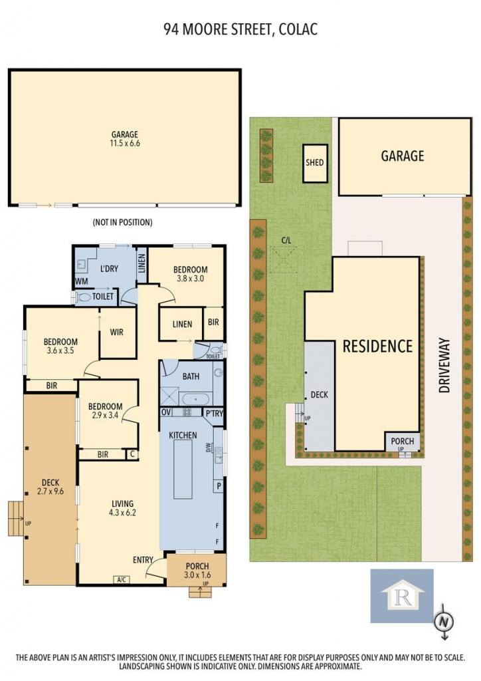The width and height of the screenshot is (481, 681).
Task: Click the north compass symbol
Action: point(443,622)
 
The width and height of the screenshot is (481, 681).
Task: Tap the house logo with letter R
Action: point(402,596)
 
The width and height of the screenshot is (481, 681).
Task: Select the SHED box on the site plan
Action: point(314,162)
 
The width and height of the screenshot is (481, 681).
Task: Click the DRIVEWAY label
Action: point(444,366)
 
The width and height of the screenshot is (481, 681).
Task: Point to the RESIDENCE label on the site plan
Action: point(377,346)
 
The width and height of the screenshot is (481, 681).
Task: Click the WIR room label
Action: point(116,333)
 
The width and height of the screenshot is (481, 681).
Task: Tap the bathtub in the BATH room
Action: point(195,399)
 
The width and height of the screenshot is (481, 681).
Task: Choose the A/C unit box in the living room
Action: point(120,579)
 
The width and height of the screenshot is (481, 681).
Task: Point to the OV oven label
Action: point(165,412)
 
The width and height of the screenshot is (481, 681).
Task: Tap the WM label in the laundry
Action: point(81,281)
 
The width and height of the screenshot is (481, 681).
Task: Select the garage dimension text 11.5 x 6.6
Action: point(125,143)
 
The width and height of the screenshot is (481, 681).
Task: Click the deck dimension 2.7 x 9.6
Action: point(50,491)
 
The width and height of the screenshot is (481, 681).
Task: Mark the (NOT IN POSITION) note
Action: point(123,222)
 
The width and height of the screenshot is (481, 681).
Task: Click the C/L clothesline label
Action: point(286,239)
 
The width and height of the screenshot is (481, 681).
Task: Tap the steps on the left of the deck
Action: point(16,518)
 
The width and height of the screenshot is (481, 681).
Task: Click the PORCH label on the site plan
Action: point(402,442)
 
